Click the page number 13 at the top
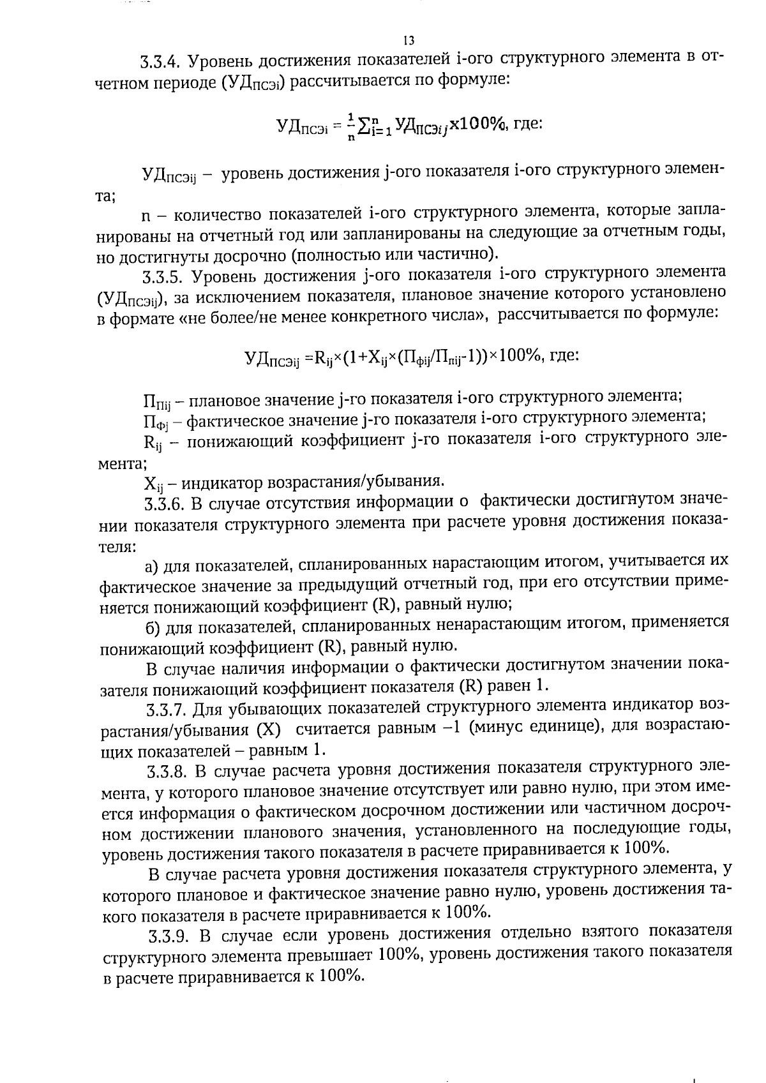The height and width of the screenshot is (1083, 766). [409, 41]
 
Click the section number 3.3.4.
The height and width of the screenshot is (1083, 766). [162, 62]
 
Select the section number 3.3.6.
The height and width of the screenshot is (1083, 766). [165, 505]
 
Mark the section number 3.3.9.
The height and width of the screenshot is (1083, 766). [169, 937]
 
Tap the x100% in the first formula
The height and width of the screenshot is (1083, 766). [477, 123]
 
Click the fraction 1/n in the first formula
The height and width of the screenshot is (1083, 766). [350, 124]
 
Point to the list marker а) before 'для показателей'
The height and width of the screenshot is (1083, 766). [151, 566]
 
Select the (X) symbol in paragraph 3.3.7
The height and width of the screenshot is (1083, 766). [269, 730]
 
